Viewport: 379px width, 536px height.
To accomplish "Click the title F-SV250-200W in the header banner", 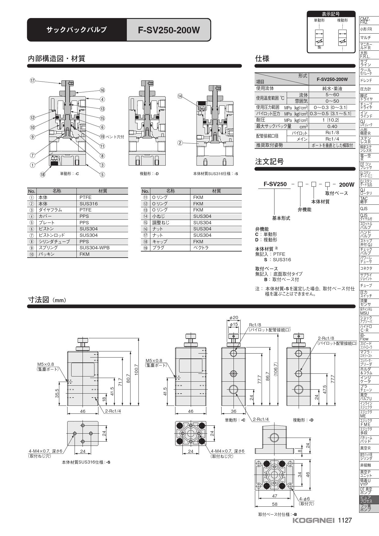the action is (x=169, y=30).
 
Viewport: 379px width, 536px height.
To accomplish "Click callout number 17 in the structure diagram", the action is (x=32, y=81).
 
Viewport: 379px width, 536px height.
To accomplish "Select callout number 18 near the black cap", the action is (x=42, y=174).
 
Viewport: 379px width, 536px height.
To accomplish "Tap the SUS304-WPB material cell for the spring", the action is (x=94, y=248).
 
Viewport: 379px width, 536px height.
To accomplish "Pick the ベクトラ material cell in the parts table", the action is (x=201, y=248).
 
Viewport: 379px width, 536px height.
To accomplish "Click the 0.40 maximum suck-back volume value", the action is (x=332, y=126).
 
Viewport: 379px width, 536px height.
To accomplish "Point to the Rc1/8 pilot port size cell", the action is (x=332, y=133).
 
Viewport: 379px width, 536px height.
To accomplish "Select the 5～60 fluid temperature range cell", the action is (x=332, y=95).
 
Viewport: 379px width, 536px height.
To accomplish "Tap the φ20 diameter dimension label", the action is (x=234, y=318).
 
